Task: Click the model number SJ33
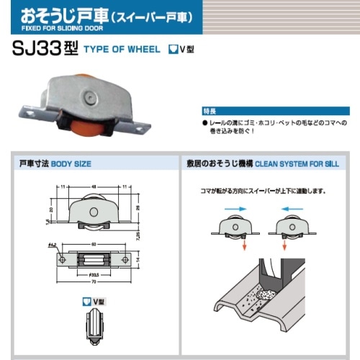tap(43, 50)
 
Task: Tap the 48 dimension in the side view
tap(94, 186)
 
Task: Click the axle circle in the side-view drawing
tap(94, 212)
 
